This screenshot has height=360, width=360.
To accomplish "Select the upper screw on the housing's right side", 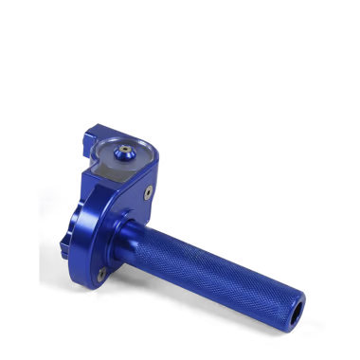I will pyautogui.click(x=149, y=191).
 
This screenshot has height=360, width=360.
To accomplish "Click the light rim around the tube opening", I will pyautogui.click(x=290, y=308).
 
